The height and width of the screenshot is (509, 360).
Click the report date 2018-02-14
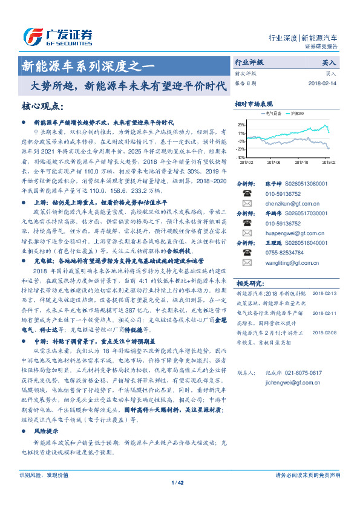pos(322,83)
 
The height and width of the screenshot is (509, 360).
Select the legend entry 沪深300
pos(297,114)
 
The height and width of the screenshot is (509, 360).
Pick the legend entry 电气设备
pos(270,114)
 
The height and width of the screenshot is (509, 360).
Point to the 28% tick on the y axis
pos(241,125)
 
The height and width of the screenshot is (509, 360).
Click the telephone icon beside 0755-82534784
pos(246,253)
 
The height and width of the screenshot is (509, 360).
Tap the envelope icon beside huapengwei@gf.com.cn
pos(246,233)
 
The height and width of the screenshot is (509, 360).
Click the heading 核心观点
pos(42,107)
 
